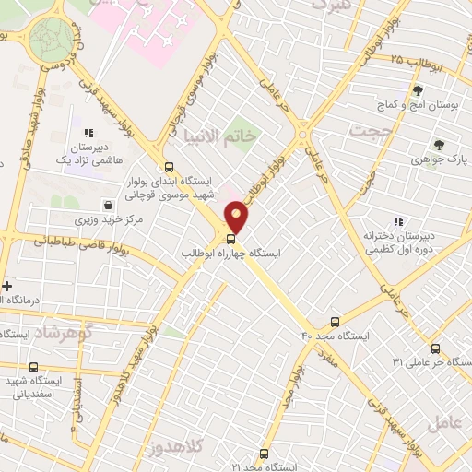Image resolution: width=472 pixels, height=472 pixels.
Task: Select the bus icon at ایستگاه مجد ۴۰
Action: tap(335, 322)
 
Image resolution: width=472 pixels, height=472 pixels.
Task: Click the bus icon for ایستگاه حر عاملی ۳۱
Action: tap(435, 348)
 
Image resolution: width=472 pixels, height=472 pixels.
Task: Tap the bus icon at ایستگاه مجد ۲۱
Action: tap(265, 454)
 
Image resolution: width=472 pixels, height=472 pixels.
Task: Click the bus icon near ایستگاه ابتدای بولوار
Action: tap(168, 167)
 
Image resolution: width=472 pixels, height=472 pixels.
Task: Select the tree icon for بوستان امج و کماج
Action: tap(418, 90)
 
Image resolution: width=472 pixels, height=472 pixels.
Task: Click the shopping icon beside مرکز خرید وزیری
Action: tap(110, 206)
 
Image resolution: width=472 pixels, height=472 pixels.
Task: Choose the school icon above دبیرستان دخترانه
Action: tap(398, 221)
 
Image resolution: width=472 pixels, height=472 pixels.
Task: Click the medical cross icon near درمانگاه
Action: tap(6, 286)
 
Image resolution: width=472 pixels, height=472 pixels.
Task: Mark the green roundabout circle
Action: tap(51, 38)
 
